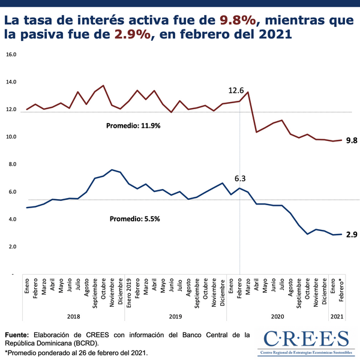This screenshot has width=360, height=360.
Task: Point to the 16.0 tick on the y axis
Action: pyautogui.click(x=11, y=54)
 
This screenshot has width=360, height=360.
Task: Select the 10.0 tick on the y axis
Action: pyautogui.click(x=11, y=137)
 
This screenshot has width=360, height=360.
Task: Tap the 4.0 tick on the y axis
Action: pyautogui.click(x=11, y=220)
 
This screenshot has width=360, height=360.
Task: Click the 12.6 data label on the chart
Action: pyautogui.click(x=236, y=91)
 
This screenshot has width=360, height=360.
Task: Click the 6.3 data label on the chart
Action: pyautogui.click(x=241, y=178)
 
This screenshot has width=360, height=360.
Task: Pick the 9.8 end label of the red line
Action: pyautogui.click(x=352, y=140)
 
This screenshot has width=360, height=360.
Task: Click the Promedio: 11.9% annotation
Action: pyautogui.click(x=133, y=126)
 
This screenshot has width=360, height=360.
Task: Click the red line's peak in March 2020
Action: pyautogui.click(x=248, y=92)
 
